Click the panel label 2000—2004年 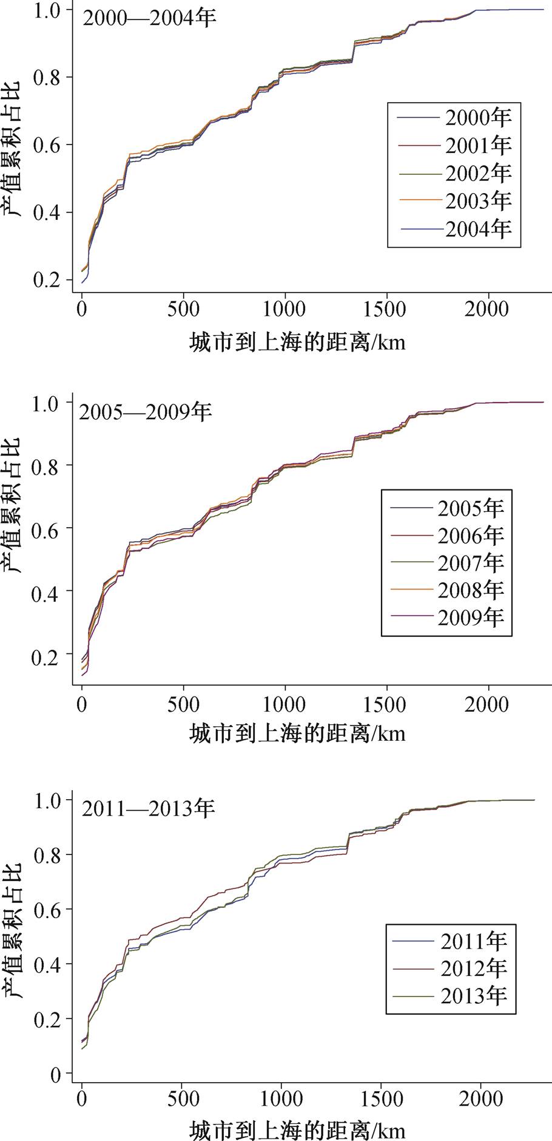[x=149, y=18]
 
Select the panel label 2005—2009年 [x=146, y=412]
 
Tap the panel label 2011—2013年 [x=149, y=808]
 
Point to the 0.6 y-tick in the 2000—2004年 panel [x=48, y=145]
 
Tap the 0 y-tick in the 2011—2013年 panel [x=56, y=1075]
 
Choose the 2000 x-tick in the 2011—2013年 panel [x=482, y=1099]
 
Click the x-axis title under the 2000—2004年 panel [x=297, y=343]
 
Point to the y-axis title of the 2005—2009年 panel [x=12, y=505]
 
